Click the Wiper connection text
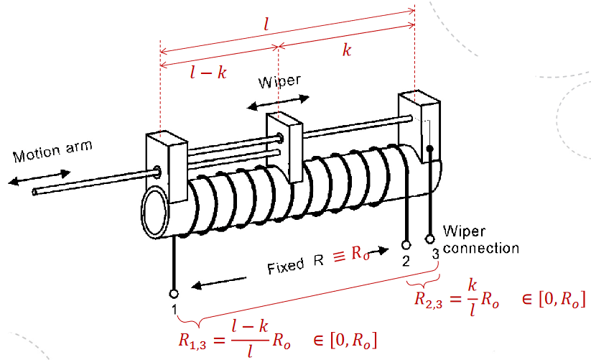[481, 239]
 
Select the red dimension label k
[347, 51]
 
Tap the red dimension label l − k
[209, 72]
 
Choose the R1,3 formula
[276, 338]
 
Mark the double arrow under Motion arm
[39, 177]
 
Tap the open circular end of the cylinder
[157, 213]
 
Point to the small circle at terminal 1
[174, 293]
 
